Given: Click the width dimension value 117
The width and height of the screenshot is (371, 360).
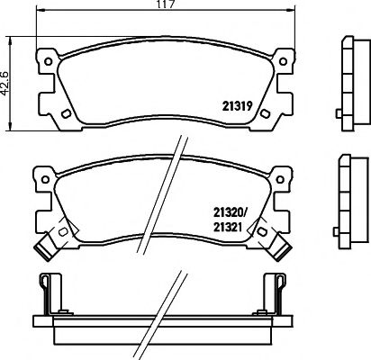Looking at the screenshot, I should [164, 6].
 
